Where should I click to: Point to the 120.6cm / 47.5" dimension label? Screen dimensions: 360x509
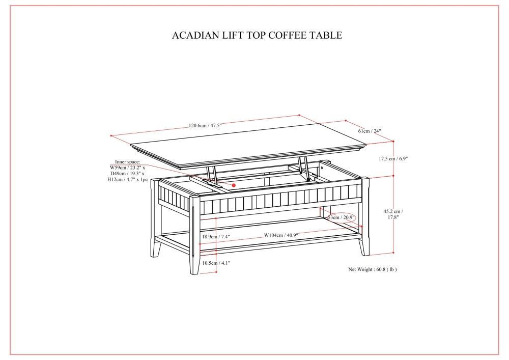point(205,125)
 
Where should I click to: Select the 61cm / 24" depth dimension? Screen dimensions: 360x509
point(369,131)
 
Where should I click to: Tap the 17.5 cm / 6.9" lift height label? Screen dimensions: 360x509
point(393,159)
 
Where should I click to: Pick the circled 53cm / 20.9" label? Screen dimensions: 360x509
point(342,217)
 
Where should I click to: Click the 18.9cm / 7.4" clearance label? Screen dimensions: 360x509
point(216,237)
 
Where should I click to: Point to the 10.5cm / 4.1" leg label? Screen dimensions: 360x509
point(216,263)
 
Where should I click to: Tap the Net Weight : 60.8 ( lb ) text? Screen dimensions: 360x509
point(372,269)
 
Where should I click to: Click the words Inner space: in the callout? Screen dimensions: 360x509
point(127,161)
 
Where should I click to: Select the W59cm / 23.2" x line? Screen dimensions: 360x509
point(127,167)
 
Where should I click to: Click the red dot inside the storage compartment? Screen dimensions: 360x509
point(234,185)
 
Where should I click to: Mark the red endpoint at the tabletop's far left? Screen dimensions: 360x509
point(111,135)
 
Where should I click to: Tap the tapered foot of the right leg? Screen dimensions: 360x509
point(363,247)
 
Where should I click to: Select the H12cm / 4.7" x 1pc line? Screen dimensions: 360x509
point(127,180)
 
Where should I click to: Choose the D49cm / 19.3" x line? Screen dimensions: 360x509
point(127,174)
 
